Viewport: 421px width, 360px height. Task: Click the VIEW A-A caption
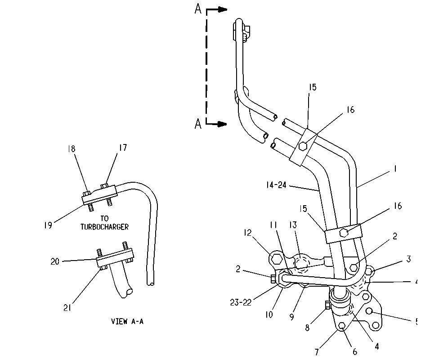127,321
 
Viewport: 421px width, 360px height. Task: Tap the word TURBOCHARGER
104,227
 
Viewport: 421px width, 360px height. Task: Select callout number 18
72,149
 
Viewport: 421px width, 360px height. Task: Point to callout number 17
123,148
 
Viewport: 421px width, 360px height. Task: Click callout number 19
48,225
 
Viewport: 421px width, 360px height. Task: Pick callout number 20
55,261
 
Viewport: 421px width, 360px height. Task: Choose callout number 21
67,308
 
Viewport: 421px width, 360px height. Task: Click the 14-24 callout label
276,185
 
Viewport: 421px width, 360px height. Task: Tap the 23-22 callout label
241,302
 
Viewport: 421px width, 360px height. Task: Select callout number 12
247,233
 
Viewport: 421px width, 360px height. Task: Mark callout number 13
293,225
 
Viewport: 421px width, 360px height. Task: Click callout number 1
395,169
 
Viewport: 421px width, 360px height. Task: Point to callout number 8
307,328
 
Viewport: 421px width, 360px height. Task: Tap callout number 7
317,351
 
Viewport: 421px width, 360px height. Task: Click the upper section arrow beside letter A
217,10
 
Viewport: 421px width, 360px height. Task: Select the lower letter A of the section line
198,124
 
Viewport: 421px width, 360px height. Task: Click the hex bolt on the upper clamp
303,146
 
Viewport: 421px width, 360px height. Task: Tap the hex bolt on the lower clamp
344,232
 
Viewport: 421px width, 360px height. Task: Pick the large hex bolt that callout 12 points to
276,259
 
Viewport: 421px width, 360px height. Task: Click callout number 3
408,259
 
